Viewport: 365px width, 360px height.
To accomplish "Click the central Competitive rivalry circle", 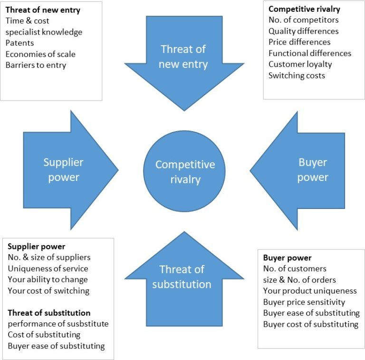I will [x=184, y=171].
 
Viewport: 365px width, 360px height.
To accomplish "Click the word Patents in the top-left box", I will [x=19, y=43].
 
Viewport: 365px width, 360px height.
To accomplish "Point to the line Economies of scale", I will [x=40, y=54].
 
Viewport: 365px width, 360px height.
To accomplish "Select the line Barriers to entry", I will [x=36, y=65].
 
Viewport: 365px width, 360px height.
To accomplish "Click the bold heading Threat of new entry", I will [x=43, y=9].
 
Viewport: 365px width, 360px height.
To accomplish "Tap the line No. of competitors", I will [x=303, y=20].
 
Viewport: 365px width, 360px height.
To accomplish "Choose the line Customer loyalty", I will [x=300, y=64].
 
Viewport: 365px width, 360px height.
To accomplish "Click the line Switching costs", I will [x=297, y=75].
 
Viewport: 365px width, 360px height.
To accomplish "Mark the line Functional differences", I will [x=310, y=53].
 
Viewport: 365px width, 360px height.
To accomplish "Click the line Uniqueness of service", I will [x=48, y=268].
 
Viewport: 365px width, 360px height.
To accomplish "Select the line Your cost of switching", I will [x=48, y=290].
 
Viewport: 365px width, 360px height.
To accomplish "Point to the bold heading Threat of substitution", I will [x=49, y=313].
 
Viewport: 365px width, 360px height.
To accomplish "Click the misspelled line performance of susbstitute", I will [x=58, y=324].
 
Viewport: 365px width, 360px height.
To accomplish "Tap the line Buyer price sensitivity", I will [x=304, y=302].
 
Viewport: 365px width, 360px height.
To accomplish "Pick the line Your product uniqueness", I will [x=310, y=291].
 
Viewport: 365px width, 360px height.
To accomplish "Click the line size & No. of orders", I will [x=299, y=280].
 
